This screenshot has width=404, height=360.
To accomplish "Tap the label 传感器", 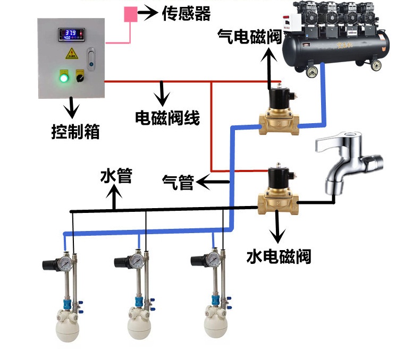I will (186, 13).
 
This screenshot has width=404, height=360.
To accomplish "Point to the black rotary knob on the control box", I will (81, 78).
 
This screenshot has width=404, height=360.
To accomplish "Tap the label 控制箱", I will (75, 131).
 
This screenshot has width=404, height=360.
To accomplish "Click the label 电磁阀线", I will (167, 118).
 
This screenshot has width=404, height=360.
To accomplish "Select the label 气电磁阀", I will (249, 38).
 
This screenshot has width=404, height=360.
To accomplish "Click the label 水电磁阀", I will (279, 256).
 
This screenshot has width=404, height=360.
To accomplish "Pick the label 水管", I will (116, 176).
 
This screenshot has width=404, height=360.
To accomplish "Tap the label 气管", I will (178, 183).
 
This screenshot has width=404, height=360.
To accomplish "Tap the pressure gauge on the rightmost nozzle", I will (213, 260).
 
